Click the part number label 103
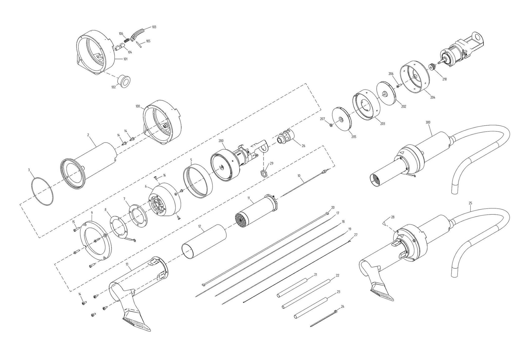click(154, 27)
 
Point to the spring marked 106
click(126, 40)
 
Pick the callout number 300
click(428, 122)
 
